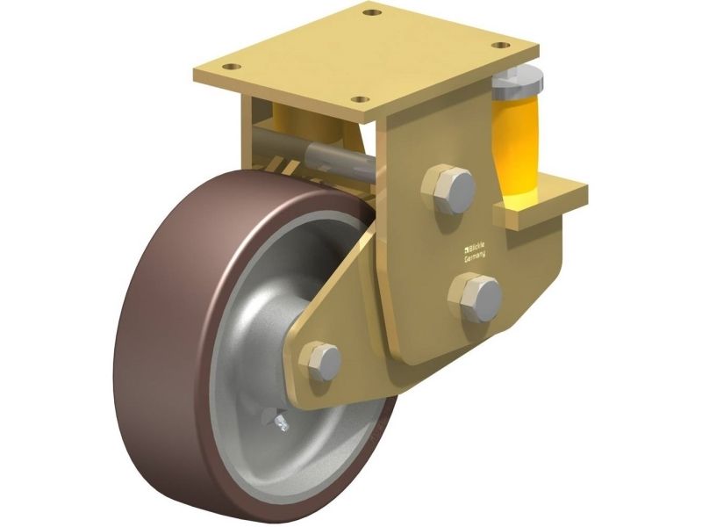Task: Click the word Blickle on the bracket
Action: [476, 248]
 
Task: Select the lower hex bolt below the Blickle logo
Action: [476, 298]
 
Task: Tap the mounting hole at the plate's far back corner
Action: [369, 11]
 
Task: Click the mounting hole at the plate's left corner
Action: [232, 67]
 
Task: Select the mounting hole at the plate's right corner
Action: [501, 46]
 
